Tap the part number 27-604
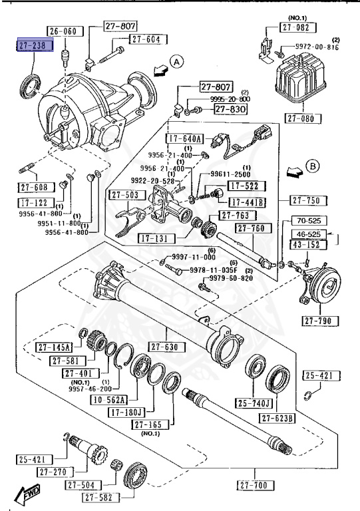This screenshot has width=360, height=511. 145,39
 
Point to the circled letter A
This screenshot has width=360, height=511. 176,62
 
